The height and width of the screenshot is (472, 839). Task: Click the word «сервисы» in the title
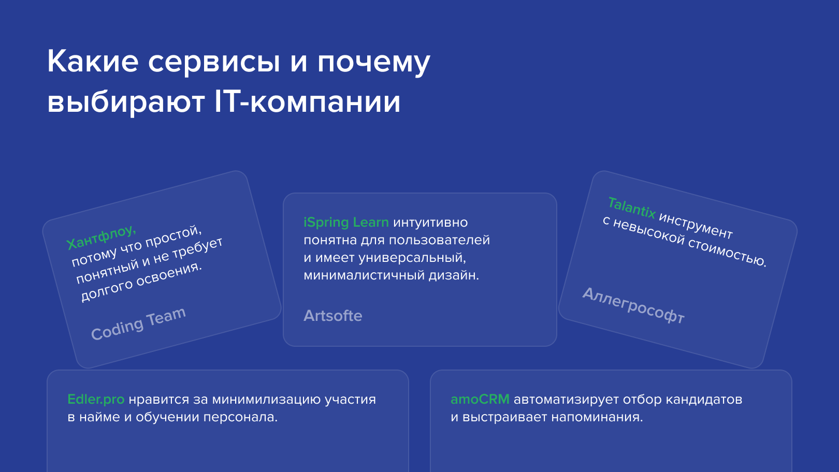214,62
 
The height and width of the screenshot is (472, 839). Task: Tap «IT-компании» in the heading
307,102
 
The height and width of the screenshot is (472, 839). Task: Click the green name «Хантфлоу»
101,237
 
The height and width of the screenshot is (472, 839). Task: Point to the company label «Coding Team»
138,324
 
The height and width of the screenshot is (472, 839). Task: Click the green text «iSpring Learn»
346,222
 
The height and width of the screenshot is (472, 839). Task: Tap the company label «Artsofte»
332,316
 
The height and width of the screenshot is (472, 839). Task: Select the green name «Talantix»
631,208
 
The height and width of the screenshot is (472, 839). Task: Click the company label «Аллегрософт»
633,305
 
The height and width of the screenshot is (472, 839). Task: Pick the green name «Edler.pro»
96,400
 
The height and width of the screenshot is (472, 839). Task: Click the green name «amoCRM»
480,400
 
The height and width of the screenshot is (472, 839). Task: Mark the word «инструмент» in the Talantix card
695,225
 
